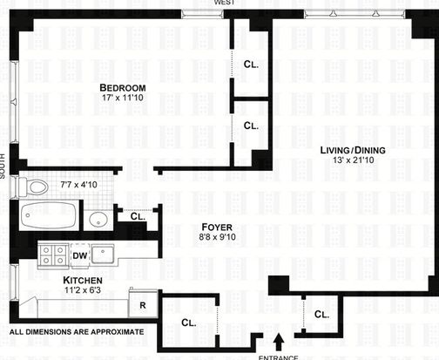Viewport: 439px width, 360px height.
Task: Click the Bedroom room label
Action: [x=123, y=88]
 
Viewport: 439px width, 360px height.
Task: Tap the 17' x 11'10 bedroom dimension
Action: [x=123, y=98]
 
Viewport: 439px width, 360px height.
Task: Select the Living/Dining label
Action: [x=353, y=150]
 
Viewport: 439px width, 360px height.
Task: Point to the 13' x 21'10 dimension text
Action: [x=354, y=160]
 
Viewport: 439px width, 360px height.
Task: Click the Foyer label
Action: [x=217, y=228]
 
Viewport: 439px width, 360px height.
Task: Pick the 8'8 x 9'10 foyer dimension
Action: [x=217, y=237]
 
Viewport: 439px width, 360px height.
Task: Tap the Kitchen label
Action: [x=83, y=281]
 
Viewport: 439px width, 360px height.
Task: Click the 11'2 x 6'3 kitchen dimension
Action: [x=83, y=289]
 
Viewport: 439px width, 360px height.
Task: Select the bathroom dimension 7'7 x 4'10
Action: [x=79, y=185]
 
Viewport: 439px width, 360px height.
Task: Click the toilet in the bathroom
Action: [x=33, y=187]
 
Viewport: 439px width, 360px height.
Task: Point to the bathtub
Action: [x=48, y=215]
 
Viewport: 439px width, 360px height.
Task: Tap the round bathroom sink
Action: [x=98, y=220]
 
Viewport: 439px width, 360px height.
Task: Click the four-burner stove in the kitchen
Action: [x=53, y=255]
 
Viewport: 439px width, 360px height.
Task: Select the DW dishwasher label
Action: [x=80, y=255]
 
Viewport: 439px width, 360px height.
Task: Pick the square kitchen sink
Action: [x=102, y=255]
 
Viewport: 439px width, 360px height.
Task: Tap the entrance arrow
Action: [x=280, y=342]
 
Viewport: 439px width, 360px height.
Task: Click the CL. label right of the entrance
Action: [x=321, y=315]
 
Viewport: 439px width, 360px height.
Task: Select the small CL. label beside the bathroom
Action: [x=138, y=216]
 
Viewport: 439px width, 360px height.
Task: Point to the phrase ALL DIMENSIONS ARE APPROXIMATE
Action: [x=77, y=332]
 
